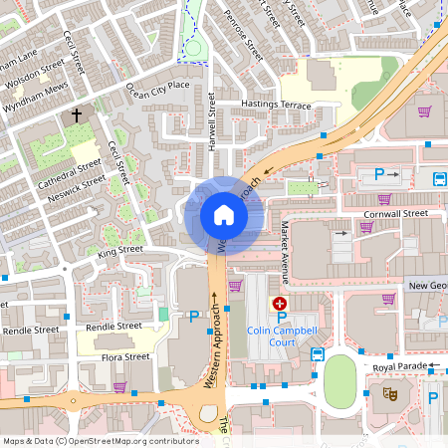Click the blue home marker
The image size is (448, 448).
[x=223, y=215]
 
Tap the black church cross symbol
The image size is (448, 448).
[x=76, y=116]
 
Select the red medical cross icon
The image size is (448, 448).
[x=280, y=303]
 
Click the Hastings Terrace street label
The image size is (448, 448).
[x=276, y=105]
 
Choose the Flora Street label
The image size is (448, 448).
[x=125, y=356]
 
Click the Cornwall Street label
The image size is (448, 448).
[x=397, y=213]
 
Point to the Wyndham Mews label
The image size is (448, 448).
[x=38, y=90]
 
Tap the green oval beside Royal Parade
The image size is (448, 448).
[x=340, y=379]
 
